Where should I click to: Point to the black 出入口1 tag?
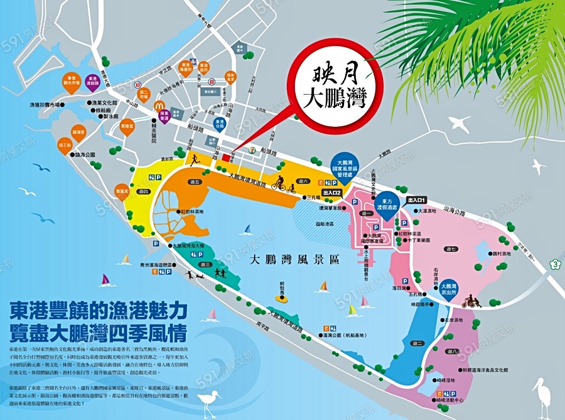coord(421,200)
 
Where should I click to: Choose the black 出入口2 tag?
coord(331,192)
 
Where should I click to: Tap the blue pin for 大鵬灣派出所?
coord(449,289)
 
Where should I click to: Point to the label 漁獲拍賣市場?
coord(48,104)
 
